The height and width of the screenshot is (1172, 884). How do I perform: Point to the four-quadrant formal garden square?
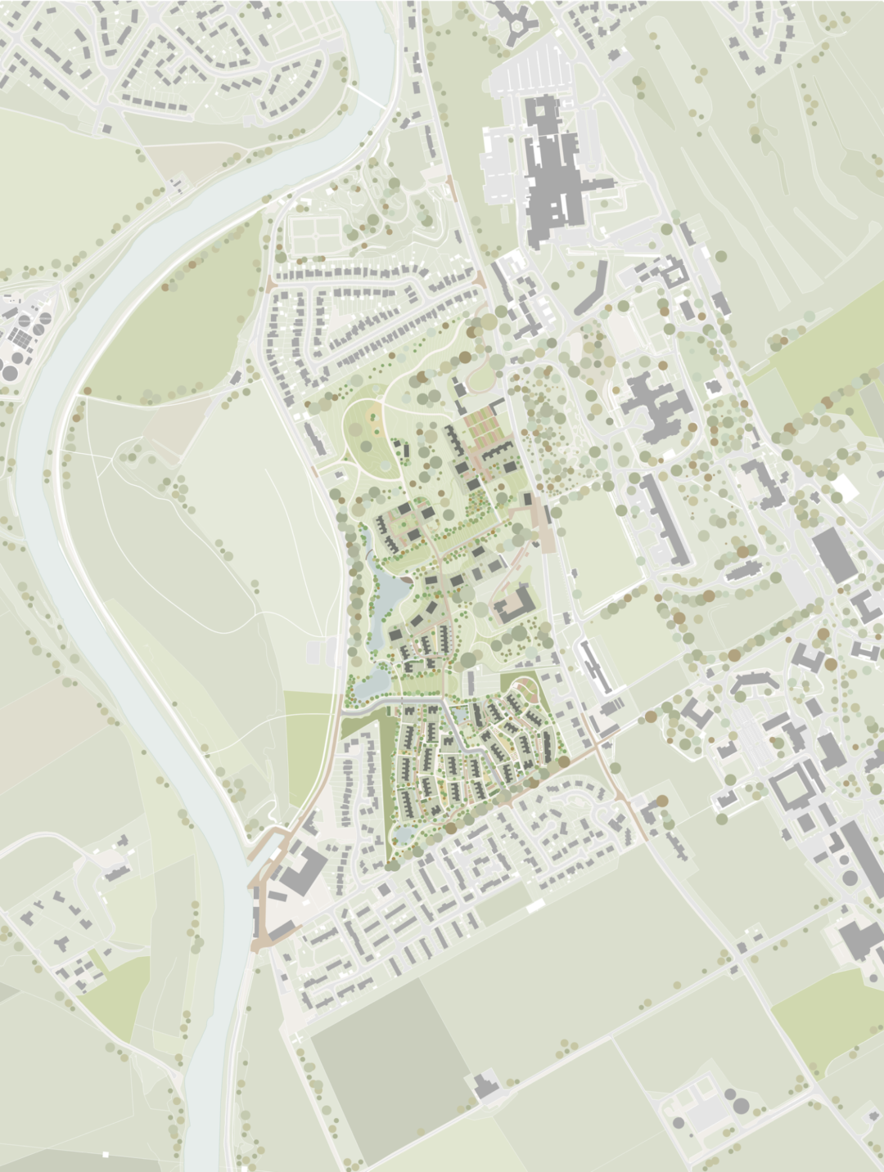(311, 233)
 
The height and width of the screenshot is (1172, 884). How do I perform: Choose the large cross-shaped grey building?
(656, 405)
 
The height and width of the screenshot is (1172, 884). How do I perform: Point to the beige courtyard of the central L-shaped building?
(514, 606)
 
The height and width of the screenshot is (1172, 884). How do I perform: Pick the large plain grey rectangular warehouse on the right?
(834, 554)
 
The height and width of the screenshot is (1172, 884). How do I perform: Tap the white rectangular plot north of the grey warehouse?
(843, 490)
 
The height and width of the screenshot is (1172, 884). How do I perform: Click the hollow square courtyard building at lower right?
(789, 789)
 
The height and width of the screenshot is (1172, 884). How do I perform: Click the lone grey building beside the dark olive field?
(485, 1084)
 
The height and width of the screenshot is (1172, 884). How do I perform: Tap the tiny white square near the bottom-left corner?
(105, 1154)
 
